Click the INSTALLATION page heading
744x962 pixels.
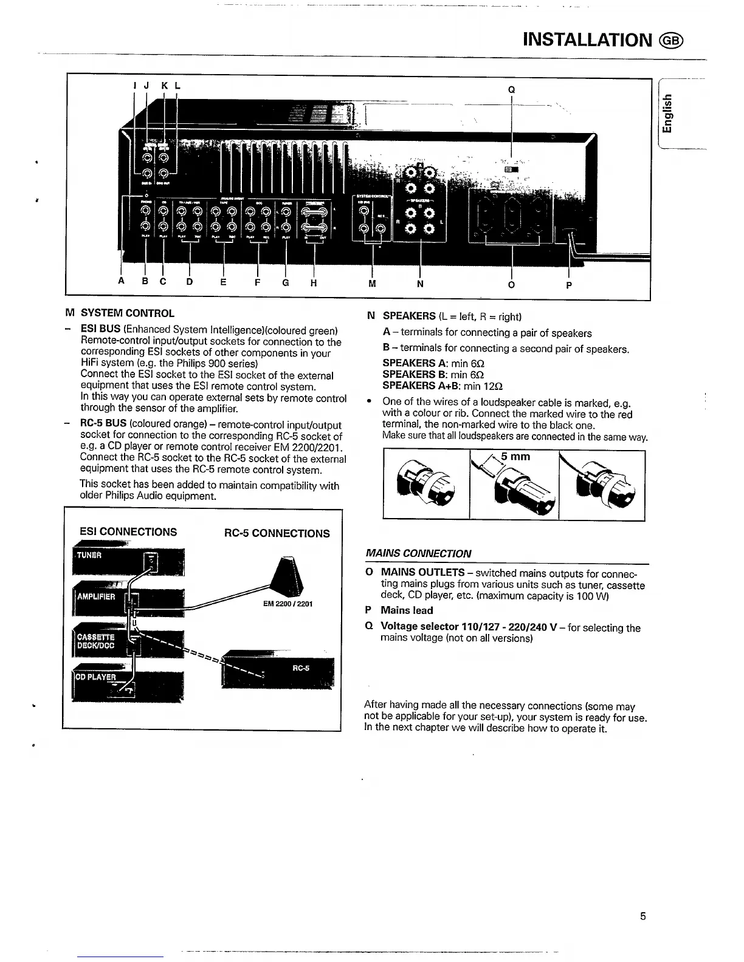click(587, 40)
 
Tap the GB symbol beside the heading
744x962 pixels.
click(672, 41)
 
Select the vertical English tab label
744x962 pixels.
click(668, 114)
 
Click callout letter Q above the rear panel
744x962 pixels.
click(512, 90)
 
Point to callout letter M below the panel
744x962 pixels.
click(372, 284)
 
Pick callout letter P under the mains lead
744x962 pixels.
click(568, 284)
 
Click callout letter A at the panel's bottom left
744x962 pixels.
click(122, 281)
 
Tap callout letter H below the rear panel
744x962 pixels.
click(314, 282)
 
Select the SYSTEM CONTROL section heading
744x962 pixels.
click(127, 313)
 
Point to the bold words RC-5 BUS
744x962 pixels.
click(103, 425)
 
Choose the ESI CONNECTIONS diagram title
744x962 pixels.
click(128, 532)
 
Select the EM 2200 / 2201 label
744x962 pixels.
click(288, 604)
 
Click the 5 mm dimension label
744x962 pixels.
click(515, 457)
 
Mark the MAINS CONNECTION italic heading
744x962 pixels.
click(418, 553)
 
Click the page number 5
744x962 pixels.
click(642, 916)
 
